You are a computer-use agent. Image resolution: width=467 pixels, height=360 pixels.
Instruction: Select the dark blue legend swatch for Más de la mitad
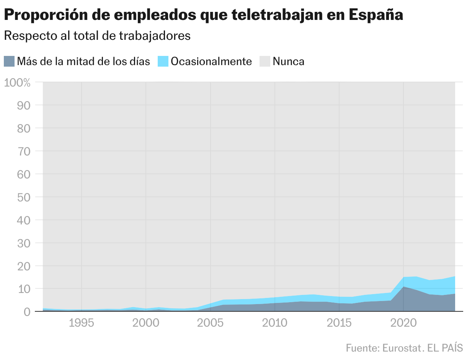click(9, 61)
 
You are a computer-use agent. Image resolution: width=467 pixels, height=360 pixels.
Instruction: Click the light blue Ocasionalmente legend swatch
click(163, 61)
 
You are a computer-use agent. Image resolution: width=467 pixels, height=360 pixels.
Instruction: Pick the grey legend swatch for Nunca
click(265, 61)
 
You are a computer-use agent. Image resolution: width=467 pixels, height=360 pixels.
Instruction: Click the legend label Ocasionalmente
click(211, 61)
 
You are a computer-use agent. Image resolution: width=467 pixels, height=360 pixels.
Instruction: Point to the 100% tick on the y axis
click(17, 82)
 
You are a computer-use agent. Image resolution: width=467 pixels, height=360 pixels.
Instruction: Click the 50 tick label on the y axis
click(24, 197)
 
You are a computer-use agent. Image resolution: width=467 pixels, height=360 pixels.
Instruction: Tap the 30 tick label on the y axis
click(24, 243)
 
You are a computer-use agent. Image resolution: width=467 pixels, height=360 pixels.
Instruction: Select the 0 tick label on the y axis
click(27, 312)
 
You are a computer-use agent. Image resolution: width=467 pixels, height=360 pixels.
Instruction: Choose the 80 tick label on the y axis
click(24, 128)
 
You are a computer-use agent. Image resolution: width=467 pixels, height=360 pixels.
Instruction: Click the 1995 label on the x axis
click(81, 323)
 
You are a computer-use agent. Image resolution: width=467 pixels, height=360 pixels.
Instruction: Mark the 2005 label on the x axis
click(210, 323)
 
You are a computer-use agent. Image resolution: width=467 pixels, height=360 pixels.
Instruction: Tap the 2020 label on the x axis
click(404, 323)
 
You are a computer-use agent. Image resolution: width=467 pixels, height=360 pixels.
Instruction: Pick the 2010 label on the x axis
click(274, 323)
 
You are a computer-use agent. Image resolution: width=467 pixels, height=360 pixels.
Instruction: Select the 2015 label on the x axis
click(339, 323)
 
